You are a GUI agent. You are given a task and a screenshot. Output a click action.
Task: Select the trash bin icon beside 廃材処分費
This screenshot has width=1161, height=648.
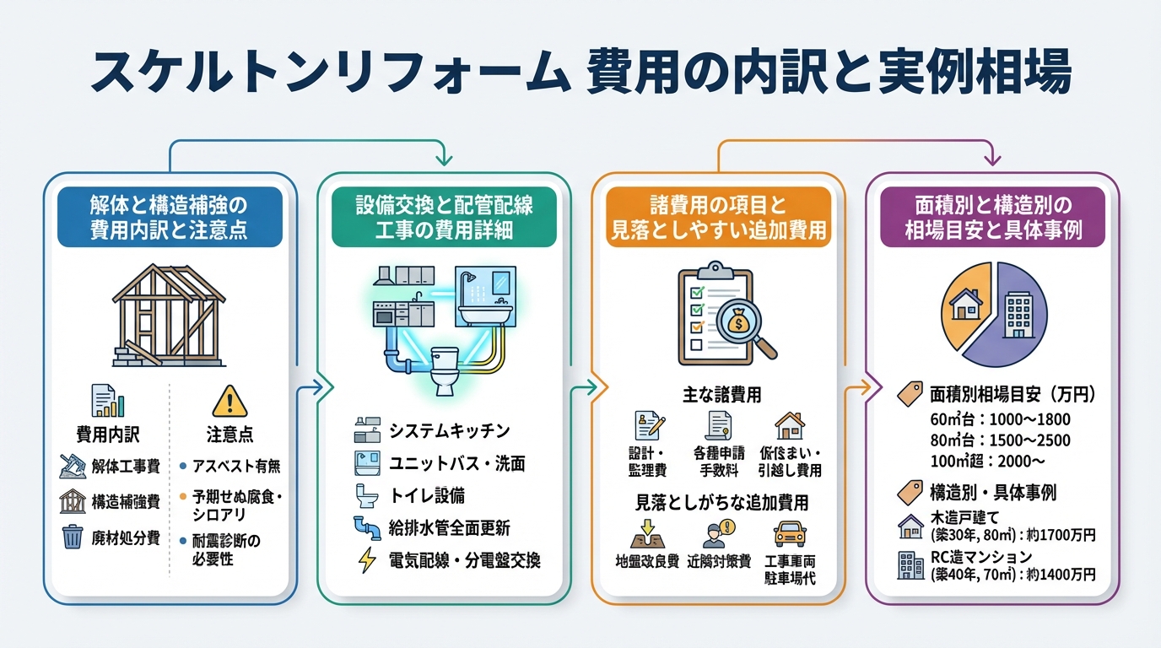[x=72, y=537]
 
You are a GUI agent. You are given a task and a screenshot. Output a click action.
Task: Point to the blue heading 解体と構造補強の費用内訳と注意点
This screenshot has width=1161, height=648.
[x=169, y=217]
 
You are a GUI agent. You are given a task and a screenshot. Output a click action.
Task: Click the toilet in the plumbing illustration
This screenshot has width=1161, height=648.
[x=443, y=372]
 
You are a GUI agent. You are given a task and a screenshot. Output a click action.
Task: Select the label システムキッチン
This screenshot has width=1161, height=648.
[x=449, y=431]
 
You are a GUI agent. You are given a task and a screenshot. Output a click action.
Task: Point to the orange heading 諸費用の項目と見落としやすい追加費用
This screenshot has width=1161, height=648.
[x=717, y=217]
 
